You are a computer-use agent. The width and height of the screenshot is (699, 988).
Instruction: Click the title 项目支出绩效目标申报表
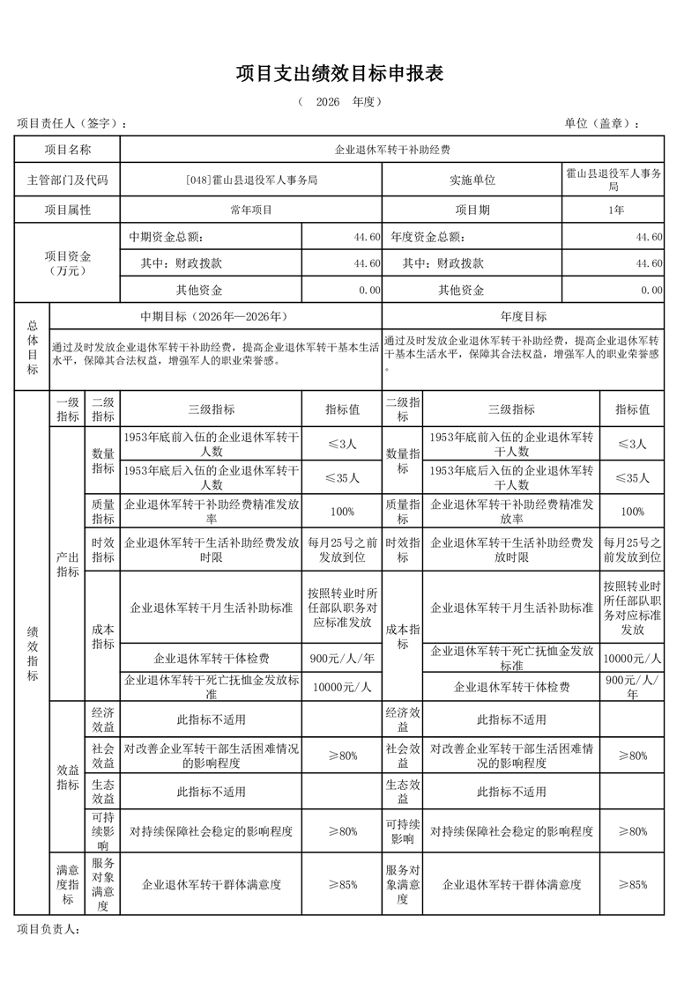pos(339,74)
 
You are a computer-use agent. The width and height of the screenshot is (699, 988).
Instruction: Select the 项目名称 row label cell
pos(68,151)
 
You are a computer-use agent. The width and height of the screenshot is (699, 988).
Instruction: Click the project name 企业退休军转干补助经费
pos(391,151)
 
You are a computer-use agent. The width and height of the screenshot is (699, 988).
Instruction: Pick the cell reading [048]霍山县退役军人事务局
pos(251,180)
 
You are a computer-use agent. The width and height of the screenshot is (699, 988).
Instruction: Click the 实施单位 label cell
pos(472,180)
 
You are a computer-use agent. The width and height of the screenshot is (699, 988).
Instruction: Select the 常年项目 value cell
pos(251,210)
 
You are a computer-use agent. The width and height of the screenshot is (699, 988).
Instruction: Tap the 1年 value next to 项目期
pos(615,210)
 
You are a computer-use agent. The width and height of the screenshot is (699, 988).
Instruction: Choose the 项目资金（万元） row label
pos(68,262)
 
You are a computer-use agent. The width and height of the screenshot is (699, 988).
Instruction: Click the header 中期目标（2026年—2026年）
pos(215,316)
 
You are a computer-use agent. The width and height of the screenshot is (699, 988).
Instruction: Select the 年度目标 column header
pos(523,316)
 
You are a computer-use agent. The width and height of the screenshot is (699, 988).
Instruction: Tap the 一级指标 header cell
pos(68,409)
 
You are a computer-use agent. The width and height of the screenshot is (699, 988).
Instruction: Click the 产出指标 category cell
pos(68,564)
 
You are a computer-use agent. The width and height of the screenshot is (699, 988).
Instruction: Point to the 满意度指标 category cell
pos(68,883)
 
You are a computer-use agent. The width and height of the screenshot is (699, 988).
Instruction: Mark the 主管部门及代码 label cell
pos(68,180)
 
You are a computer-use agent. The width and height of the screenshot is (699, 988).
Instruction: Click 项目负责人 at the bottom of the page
pos(49,928)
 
